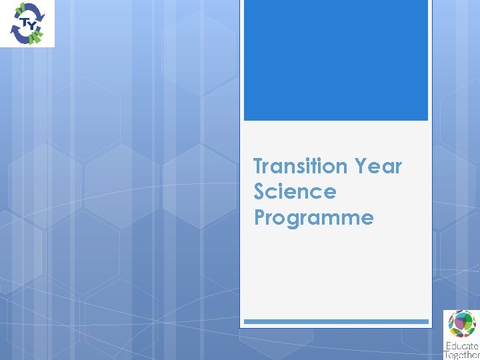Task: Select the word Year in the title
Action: click(x=379, y=166)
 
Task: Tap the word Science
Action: click(x=295, y=192)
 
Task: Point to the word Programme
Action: click(x=313, y=218)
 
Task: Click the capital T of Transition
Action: click(x=259, y=166)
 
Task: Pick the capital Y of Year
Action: click(x=361, y=166)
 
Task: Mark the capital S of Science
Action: click(x=260, y=192)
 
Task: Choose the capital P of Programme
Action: click(x=260, y=218)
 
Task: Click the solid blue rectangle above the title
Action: click(x=335, y=60)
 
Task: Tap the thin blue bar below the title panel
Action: click(x=335, y=321)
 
